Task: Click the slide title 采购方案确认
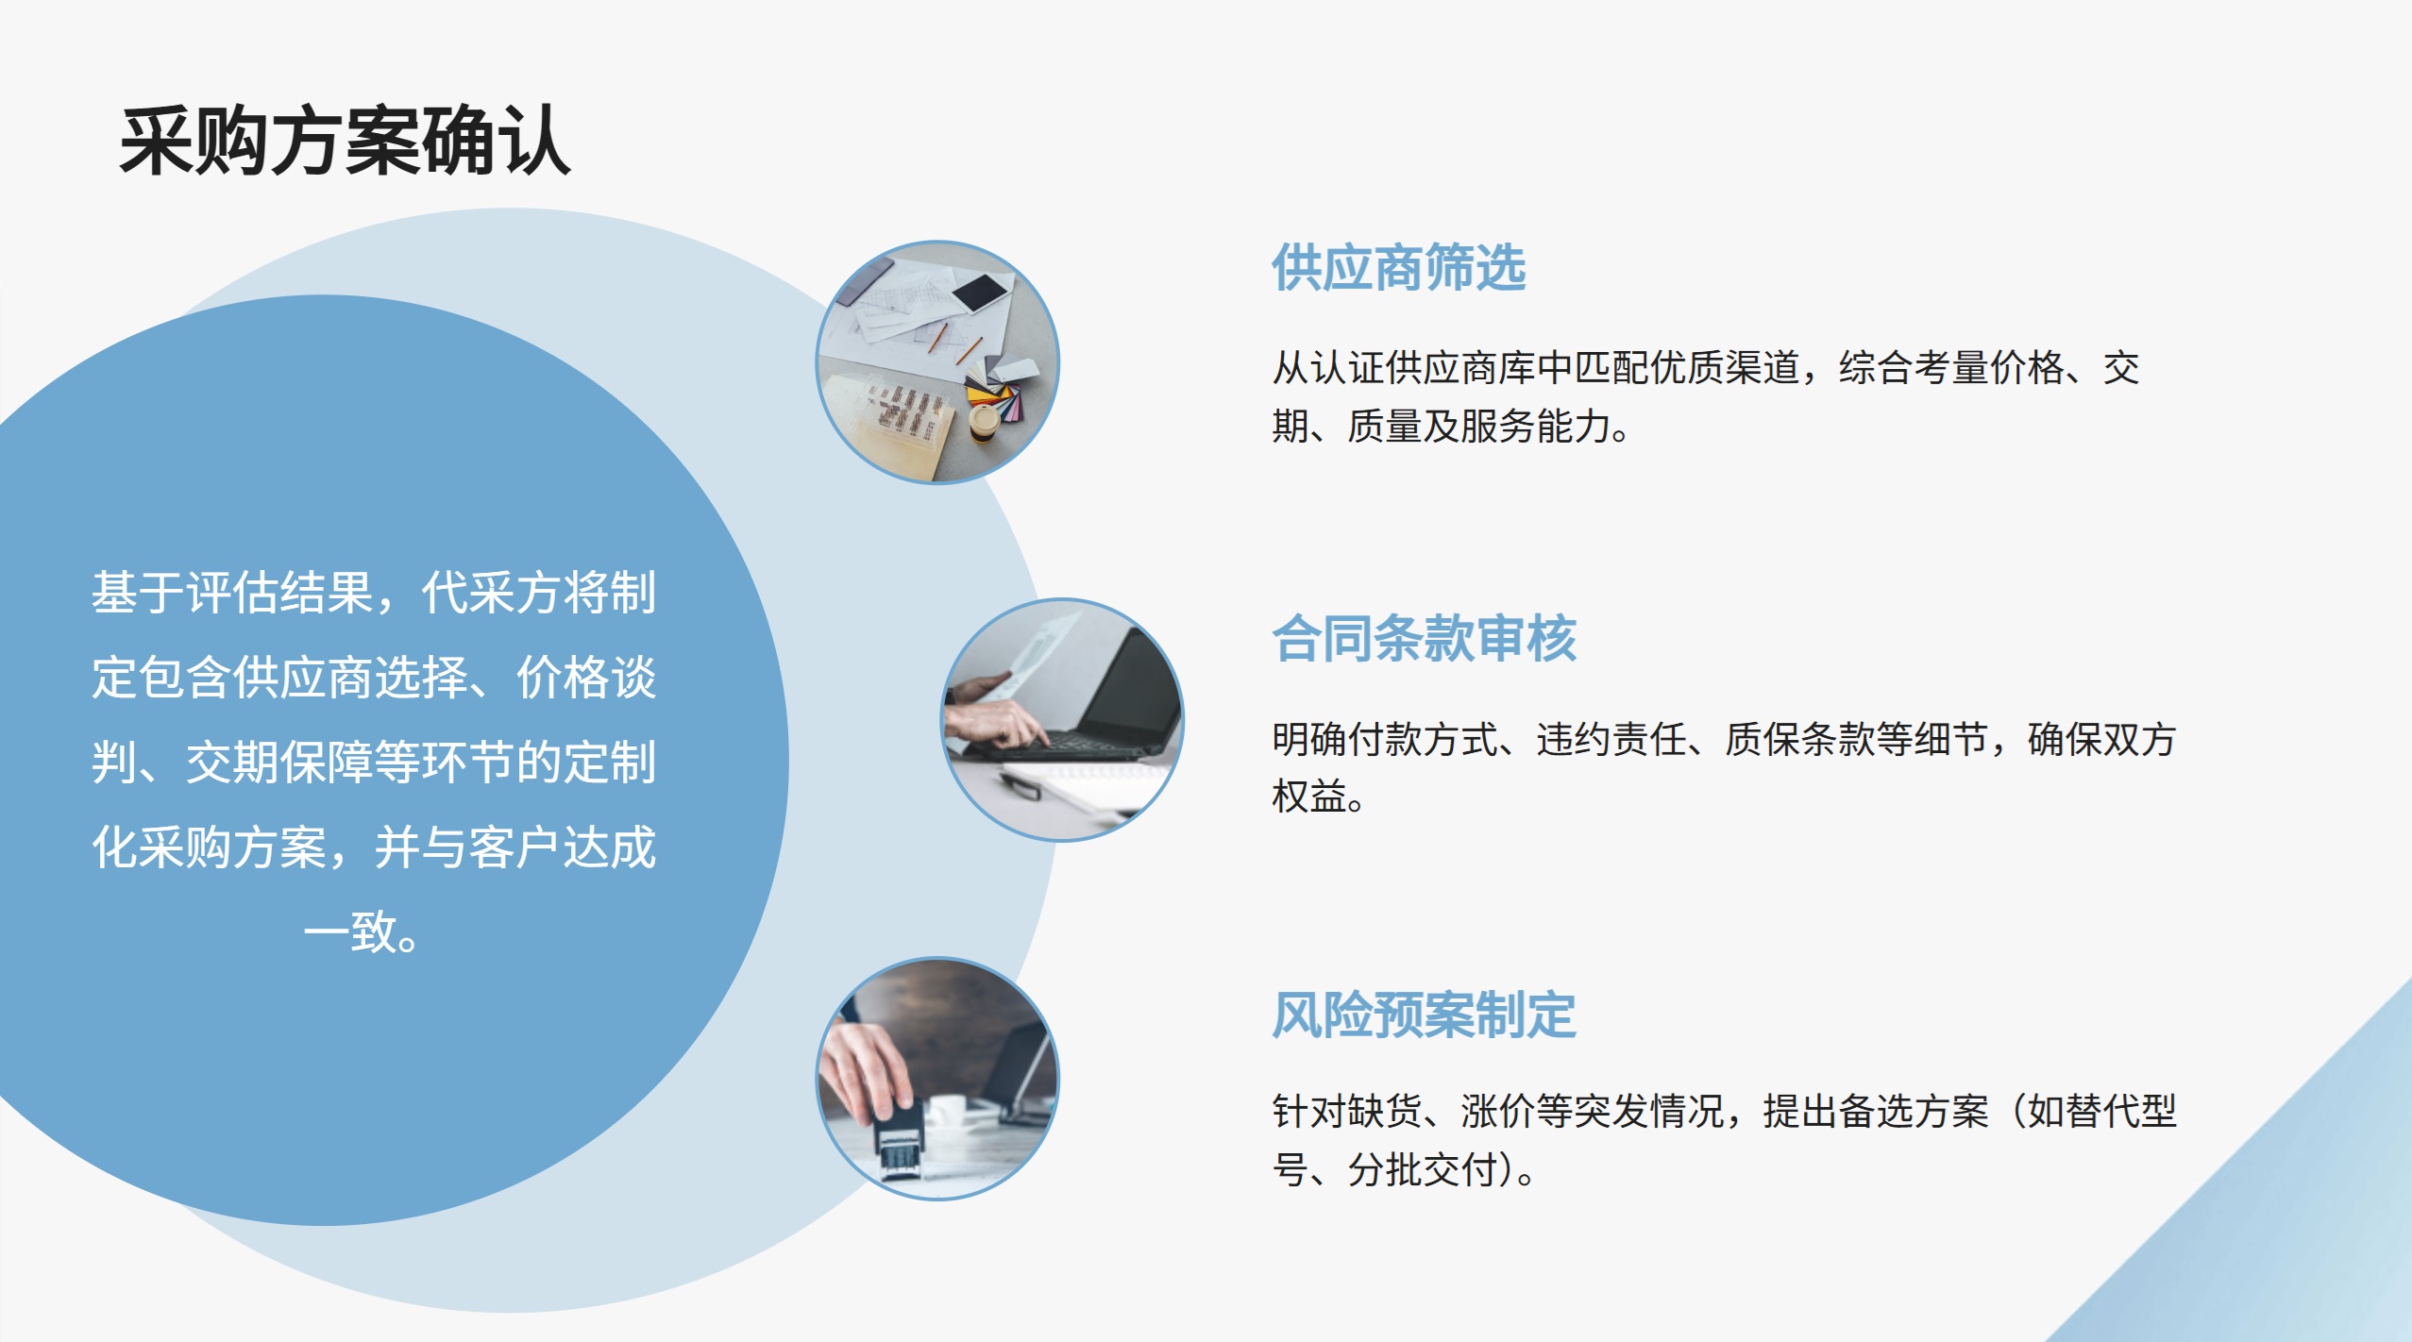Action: point(345,142)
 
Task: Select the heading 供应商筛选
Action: point(1398,267)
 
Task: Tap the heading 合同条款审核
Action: point(1424,638)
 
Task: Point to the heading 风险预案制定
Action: point(1424,1015)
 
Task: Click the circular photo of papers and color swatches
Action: point(937,362)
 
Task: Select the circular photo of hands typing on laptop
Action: point(1063,720)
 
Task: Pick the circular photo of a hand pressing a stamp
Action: point(937,1079)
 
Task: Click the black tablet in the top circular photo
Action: point(981,292)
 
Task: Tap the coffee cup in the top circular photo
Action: point(985,423)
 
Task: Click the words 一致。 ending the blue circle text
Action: point(363,932)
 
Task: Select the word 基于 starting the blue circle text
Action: point(138,593)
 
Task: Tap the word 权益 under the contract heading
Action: point(1308,797)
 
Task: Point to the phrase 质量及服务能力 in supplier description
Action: point(1478,427)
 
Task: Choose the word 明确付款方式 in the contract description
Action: point(1384,739)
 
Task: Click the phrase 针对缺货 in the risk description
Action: point(1346,1112)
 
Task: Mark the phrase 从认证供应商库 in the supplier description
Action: point(1403,368)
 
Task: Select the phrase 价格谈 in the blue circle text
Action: point(585,678)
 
